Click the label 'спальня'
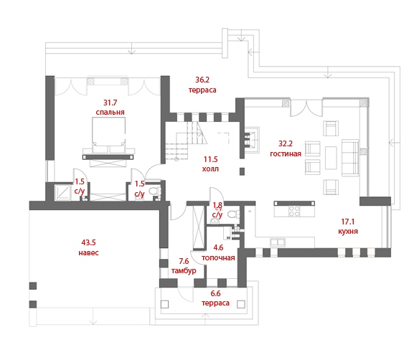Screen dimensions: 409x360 pos(110,113)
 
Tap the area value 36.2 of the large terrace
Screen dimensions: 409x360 pos(202,80)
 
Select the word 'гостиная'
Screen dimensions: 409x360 pos(286,153)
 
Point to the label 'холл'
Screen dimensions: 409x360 pos(210,169)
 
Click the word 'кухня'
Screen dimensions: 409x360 pos(348,232)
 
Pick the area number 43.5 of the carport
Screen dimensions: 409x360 pos(89,242)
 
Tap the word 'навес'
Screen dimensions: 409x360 pos(89,253)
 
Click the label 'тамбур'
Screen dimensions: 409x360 pos(184,271)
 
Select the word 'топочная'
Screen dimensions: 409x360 pos(218,258)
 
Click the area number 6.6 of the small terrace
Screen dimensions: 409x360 pos(215,293)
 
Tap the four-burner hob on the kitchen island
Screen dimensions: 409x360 pos(294,211)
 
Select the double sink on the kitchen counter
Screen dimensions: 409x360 pos(278,242)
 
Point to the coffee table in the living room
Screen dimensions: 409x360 pos(331,158)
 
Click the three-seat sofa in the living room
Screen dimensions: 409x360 pos(350,158)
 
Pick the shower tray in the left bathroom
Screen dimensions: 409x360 pos(62,192)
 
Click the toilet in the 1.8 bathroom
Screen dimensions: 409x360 pos(234,214)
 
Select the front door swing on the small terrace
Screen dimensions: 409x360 pos(186,295)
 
